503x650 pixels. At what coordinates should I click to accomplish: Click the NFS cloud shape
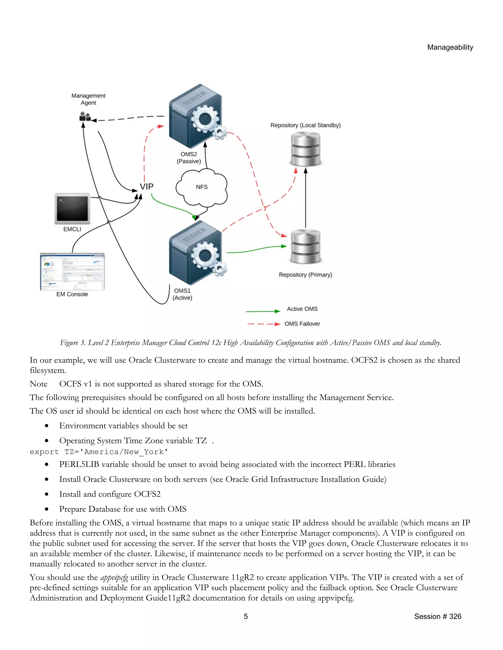point(201,187)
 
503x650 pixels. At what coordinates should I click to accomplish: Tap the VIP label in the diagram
point(147,187)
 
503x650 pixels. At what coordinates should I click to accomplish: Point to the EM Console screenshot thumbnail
point(72,272)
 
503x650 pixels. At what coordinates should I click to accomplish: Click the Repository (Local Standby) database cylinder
point(306,149)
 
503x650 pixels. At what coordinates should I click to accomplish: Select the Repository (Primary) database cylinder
point(306,247)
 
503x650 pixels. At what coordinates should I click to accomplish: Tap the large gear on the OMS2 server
point(205,119)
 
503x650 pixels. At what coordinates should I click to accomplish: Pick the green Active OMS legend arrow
point(263,311)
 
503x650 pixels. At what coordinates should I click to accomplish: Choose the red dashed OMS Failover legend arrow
point(264,324)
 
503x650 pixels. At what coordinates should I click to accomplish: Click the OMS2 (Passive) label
point(189,158)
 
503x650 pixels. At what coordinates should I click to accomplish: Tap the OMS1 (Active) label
point(182,294)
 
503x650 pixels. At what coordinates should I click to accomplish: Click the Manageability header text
point(450,47)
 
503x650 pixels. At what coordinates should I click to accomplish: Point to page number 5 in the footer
point(246,616)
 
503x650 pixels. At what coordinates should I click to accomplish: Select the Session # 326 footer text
point(437,616)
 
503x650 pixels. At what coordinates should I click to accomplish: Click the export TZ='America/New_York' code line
point(99,452)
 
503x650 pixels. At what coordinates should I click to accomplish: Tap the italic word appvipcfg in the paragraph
point(114,577)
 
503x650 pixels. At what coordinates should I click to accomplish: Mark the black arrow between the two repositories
point(306,198)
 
